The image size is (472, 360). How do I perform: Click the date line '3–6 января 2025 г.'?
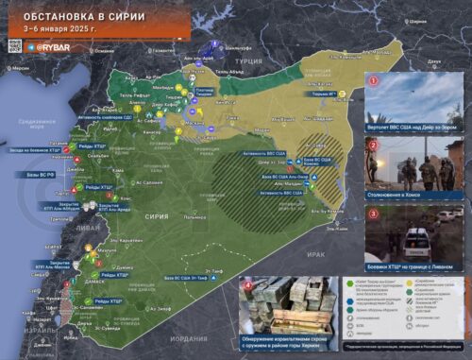tap(60, 28)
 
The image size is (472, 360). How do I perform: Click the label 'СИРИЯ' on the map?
tap(157, 215)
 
